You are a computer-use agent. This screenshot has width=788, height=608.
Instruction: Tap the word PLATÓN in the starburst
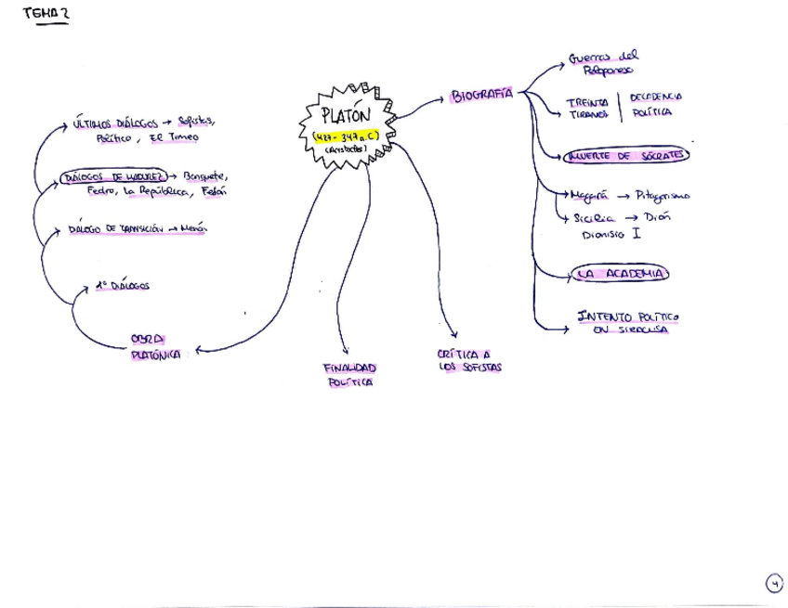click(x=345, y=116)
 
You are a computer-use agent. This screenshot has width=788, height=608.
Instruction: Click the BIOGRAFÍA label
click(x=481, y=96)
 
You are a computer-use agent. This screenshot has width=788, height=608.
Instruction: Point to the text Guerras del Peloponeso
click(x=605, y=62)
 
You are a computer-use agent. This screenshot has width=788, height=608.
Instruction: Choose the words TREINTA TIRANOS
click(x=587, y=109)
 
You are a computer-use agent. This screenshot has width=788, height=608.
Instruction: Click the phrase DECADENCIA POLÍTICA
click(x=656, y=104)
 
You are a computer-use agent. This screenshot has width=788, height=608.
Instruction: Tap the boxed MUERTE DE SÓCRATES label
click(x=624, y=155)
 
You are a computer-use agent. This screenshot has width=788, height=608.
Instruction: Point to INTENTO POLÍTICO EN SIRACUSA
click(x=628, y=322)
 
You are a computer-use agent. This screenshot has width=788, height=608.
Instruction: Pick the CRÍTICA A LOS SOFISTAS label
click(x=469, y=360)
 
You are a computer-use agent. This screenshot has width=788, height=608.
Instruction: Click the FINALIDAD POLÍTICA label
click(x=349, y=374)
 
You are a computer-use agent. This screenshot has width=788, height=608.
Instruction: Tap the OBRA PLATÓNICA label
click(x=155, y=346)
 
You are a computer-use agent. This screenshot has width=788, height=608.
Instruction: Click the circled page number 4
click(x=774, y=584)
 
